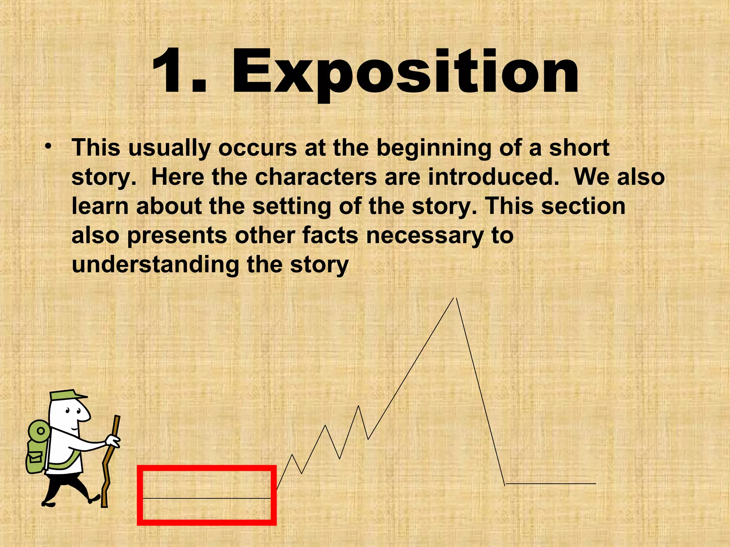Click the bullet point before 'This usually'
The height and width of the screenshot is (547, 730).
(48, 146)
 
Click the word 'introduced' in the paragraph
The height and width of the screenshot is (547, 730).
(493, 177)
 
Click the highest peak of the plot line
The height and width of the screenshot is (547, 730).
(455, 298)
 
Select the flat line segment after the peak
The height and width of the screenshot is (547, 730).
(551, 484)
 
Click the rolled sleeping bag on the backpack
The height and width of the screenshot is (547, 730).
(39, 431)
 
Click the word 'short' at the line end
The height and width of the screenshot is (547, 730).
(579, 148)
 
